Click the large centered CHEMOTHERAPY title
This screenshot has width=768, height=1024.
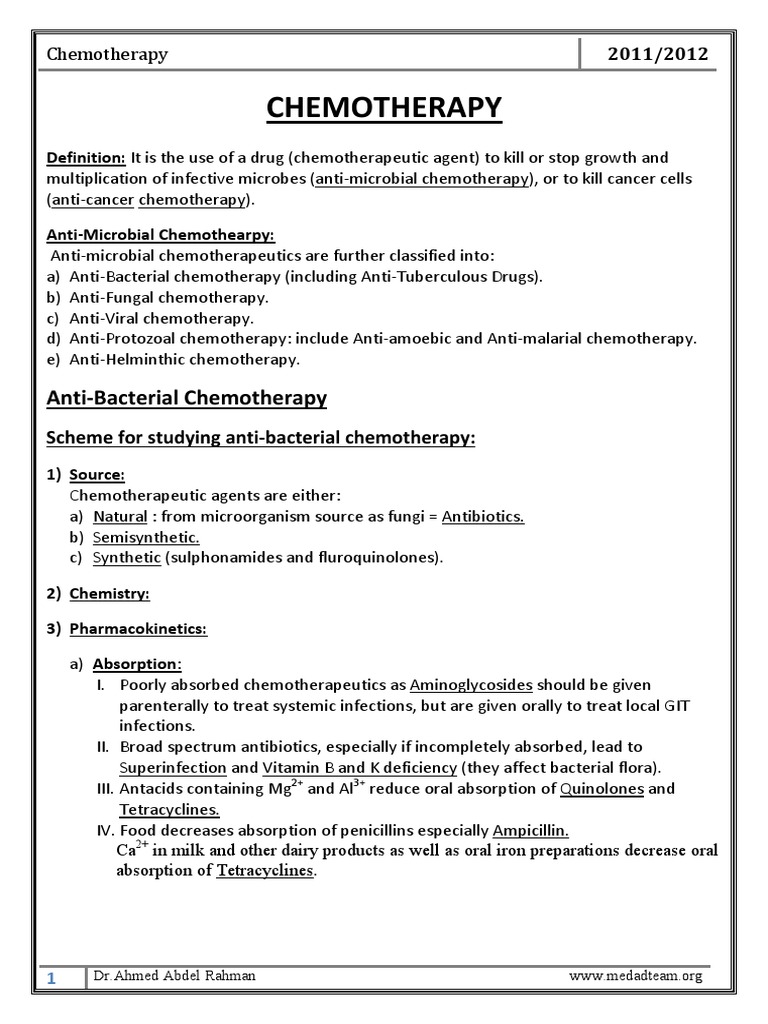point(384,107)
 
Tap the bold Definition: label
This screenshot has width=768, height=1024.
point(86,159)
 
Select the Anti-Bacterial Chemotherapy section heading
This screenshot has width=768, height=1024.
point(187,398)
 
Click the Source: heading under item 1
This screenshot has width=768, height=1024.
point(97,475)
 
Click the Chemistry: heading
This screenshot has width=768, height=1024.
point(109,594)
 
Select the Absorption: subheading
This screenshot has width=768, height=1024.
point(137,664)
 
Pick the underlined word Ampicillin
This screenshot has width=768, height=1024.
point(531,831)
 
